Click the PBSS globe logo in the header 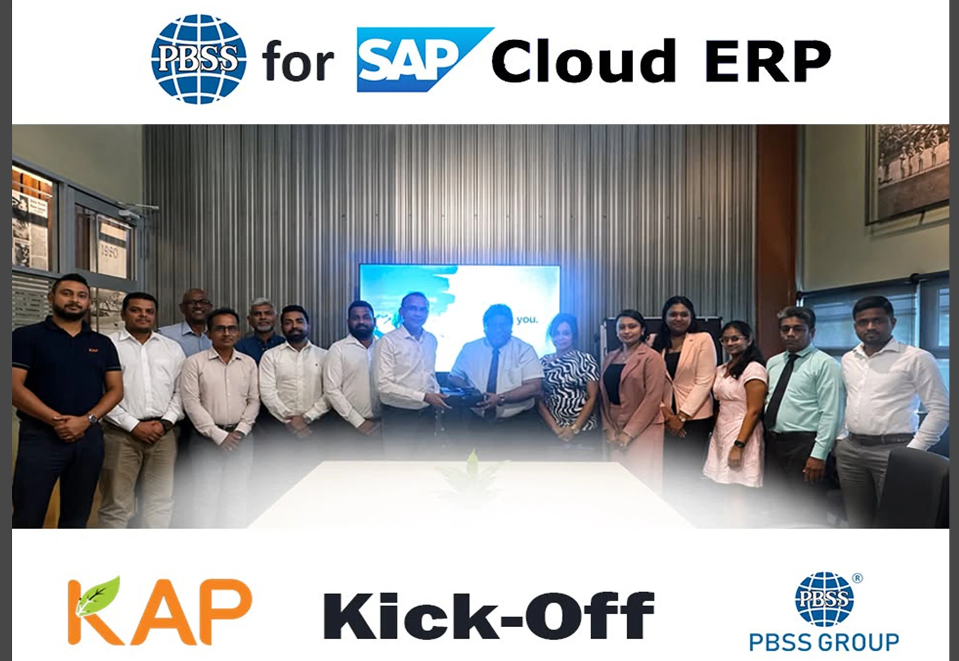[199, 59]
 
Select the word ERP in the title [768, 61]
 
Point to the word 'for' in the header [298, 61]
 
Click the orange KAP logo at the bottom [160, 610]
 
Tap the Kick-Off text [488, 615]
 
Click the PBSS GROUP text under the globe [824, 642]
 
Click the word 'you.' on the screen [527, 320]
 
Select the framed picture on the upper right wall [907, 174]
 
